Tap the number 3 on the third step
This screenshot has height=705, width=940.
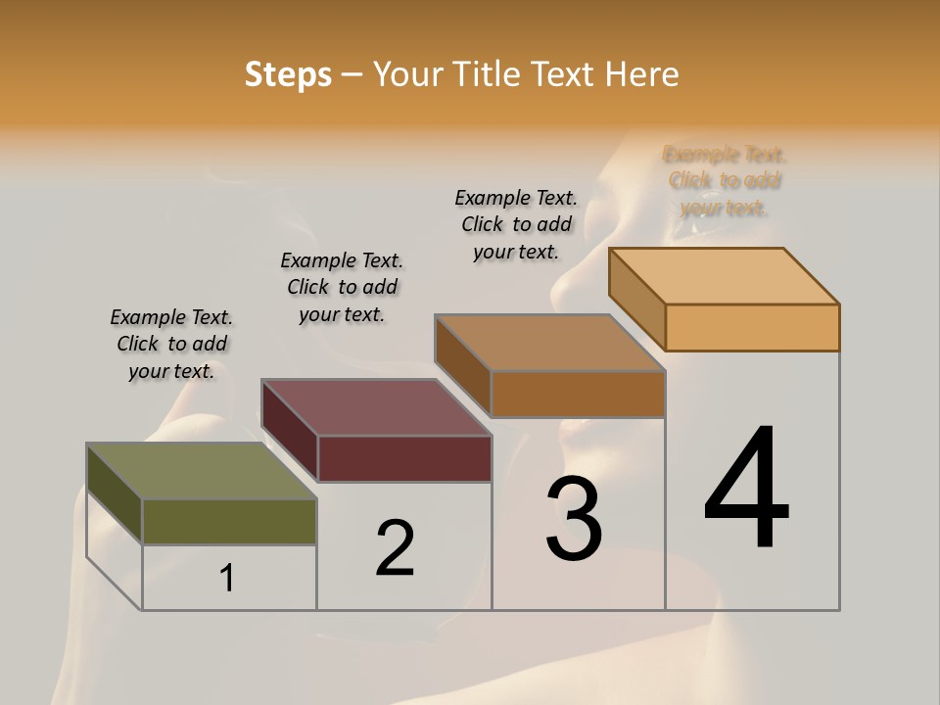pos(574,519)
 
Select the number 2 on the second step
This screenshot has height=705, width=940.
pos(395,548)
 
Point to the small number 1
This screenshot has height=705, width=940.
pos(227,579)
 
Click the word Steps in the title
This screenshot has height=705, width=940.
pos(288,74)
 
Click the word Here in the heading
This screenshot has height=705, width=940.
pos(642,74)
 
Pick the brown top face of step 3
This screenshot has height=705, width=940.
pos(549,343)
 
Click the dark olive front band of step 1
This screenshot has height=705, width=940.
pos(229,522)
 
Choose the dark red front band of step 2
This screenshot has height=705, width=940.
pos(404,458)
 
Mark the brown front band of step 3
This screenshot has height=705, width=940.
pos(578,394)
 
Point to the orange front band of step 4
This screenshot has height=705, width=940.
pos(752,327)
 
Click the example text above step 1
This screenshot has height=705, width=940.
pos(171,344)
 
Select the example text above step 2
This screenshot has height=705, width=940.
pos(342,287)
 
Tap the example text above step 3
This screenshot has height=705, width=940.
pos(516,224)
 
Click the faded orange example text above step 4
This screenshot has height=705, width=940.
pos(725,181)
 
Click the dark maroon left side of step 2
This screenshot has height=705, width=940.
pos(290,431)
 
